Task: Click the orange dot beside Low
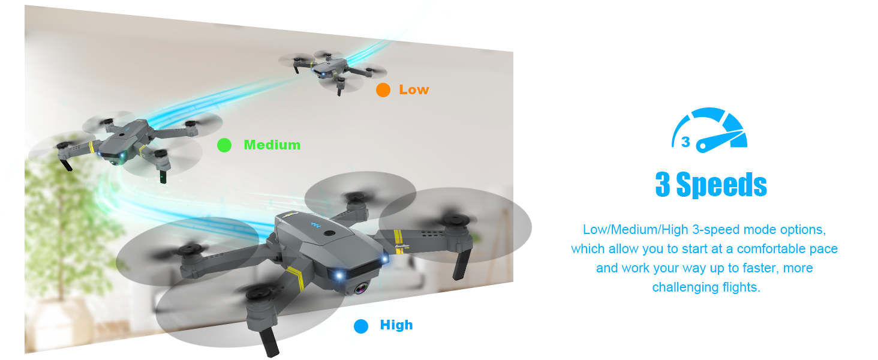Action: click(x=383, y=90)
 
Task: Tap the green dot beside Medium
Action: click(x=224, y=145)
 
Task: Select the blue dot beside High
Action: click(x=360, y=326)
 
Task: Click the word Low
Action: click(x=414, y=90)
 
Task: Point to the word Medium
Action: click(x=272, y=145)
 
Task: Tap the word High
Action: click(x=396, y=325)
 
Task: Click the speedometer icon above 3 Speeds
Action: click(x=711, y=129)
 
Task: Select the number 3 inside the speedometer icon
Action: click(x=685, y=142)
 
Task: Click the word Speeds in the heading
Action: click(x=721, y=185)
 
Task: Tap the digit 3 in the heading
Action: click(x=663, y=185)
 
